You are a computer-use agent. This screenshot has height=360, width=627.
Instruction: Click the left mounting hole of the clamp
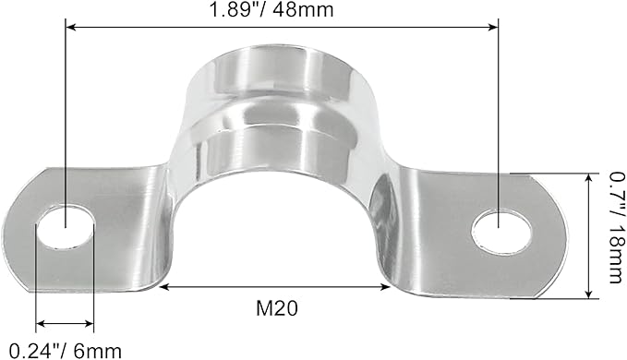pos(66,228)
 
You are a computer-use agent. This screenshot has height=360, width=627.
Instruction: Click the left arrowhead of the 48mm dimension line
pos(68,29)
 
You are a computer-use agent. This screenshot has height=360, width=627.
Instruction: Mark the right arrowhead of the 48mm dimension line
pos(496,29)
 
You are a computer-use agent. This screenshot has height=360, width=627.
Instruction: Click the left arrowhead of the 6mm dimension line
pos(40,325)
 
